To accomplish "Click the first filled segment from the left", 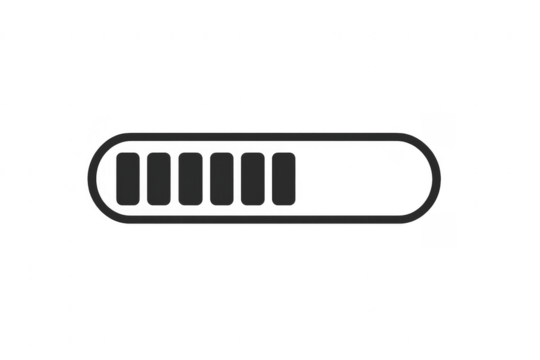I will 129,178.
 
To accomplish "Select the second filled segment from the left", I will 160,178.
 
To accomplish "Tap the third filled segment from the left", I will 191,178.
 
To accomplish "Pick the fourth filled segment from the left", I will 222,178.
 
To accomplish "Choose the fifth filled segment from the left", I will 253,178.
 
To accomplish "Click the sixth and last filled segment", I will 284,178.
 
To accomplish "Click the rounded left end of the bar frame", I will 92,178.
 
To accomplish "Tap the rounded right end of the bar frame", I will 438,178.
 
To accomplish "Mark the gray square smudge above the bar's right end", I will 438,127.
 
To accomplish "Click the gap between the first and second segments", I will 144,178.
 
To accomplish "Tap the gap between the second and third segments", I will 175,178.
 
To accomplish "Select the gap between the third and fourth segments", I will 206,178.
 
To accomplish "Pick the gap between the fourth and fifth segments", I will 237,178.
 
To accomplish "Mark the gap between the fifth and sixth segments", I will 268,178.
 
